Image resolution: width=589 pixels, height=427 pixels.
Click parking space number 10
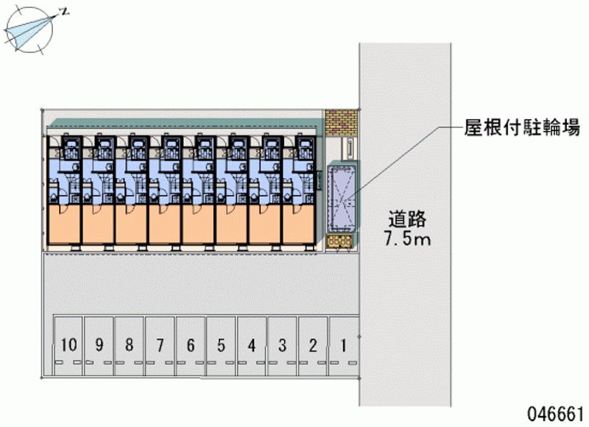coord(68,344)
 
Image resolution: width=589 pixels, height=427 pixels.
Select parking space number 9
coord(99,344)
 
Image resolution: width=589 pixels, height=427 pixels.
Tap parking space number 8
coord(130,344)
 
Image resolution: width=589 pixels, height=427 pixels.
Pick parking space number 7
coord(160,344)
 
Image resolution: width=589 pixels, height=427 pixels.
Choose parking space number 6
coord(191,344)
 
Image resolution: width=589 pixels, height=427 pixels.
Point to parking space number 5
coord(221,344)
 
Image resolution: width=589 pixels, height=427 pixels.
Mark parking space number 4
coord(252,344)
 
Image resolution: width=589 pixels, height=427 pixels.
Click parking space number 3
coord(282,344)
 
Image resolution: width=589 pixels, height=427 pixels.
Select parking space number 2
coord(313,344)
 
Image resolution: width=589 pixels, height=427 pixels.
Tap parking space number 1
coord(343,344)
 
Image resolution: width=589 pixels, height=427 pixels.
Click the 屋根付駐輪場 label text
coord(522,127)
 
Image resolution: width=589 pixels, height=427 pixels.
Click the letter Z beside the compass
coord(65,11)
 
